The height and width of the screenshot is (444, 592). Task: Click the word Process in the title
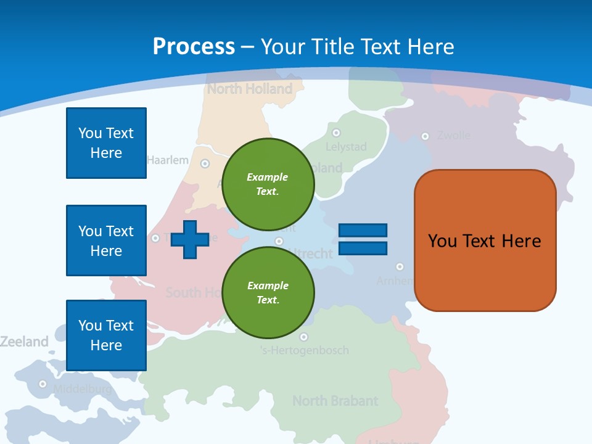(194, 46)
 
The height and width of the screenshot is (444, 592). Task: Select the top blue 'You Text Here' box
(106, 143)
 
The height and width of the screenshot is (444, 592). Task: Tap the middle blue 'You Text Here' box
(106, 240)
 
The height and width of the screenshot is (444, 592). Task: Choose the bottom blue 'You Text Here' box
(106, 335)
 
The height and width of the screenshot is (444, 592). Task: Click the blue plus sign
(189, 239)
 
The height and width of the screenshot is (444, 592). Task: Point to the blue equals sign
(363, 239)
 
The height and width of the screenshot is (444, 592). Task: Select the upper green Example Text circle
(268, 184)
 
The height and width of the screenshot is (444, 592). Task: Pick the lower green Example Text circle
(268, 293)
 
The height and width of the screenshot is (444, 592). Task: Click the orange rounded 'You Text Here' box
(485, 240)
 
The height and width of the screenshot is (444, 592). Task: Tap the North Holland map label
(250, 89)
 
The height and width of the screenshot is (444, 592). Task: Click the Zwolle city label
(454, 135)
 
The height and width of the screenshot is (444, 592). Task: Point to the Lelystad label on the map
(346, 147)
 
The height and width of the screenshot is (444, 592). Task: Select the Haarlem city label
(168, 160)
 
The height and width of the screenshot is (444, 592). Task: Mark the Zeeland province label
(24, 341)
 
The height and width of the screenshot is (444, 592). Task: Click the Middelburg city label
(82, 389)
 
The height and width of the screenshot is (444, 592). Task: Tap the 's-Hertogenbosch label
(304, 350)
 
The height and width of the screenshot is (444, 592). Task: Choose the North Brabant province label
(335, 401)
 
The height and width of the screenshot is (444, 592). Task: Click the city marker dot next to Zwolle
(425, 136)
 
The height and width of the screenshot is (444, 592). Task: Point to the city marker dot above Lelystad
(336, 133)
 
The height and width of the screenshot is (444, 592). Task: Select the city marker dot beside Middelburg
(43, 384)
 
